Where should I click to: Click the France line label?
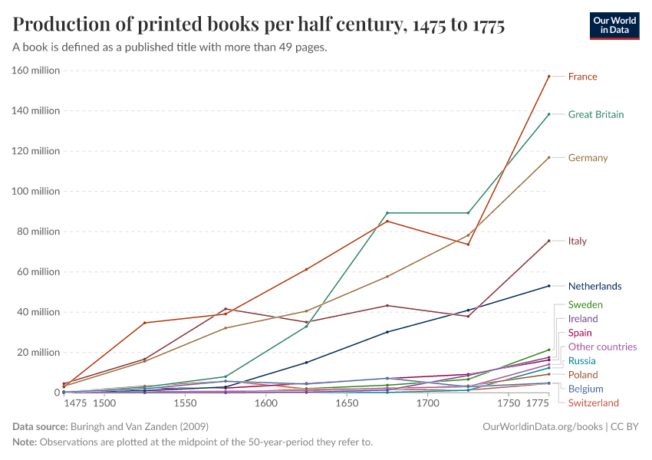[582, 77]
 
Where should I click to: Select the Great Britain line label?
[595, 114]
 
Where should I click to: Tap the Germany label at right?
[588, 158]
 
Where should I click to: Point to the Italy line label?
[577, 241]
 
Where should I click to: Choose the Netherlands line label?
[594, 286]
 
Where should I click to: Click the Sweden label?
[584, 304]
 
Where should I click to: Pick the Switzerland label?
[593, 402]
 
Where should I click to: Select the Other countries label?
[602, 347]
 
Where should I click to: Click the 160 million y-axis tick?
[35, 71]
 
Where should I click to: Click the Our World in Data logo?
[614, 25]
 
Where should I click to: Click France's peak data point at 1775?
[549, 76]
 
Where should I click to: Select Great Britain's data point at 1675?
[387, 213]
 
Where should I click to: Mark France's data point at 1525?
[145, 323]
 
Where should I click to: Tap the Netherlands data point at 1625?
[307, 363]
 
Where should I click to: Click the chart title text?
[258, 25]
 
